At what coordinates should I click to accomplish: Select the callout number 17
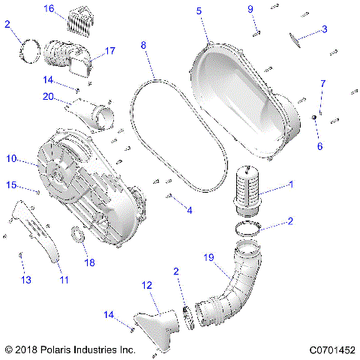coord(109,52)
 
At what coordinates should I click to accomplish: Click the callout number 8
coord(143,45)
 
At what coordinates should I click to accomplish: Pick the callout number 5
coord(199,10)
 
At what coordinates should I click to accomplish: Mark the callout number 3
coord(324,29)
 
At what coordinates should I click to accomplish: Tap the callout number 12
coord(146,285)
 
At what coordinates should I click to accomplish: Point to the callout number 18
coord(89,262)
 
